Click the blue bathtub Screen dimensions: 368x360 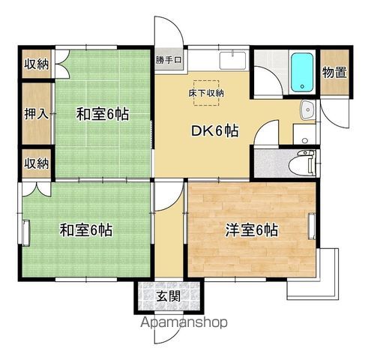(x=302, y=72)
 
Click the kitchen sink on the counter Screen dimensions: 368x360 (x=232, y=61)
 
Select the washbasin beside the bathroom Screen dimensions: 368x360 (x=308, y=110)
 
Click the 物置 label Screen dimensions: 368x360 (x=334, y=73)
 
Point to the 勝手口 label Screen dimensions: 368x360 (x=169, y=60)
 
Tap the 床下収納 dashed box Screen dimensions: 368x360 (x=206, y=93)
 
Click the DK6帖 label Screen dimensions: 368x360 (x=215, y=130)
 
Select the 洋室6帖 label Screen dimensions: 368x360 (x=252, y=230)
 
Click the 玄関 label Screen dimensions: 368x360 (x=169, y=297)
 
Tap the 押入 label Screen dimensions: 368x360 (x=37, y=114)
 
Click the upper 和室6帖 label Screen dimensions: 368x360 (x=103, y=114)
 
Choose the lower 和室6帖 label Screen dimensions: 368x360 (x=85, y=230)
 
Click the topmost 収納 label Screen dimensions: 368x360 (x=37, y=64)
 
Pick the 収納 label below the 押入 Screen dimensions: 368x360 (x=37, y=163)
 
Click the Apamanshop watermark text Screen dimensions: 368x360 (x=184, y=322)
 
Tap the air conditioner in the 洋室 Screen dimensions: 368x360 (x=312, y=226)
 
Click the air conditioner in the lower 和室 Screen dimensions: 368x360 (x=26, y=232)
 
